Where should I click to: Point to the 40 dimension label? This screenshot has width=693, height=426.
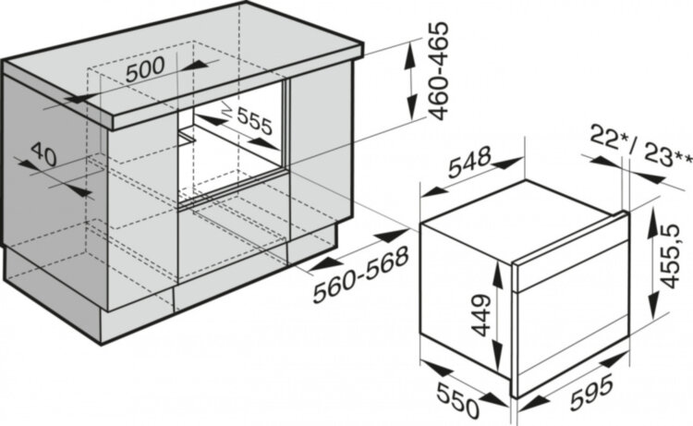coord(43,154)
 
